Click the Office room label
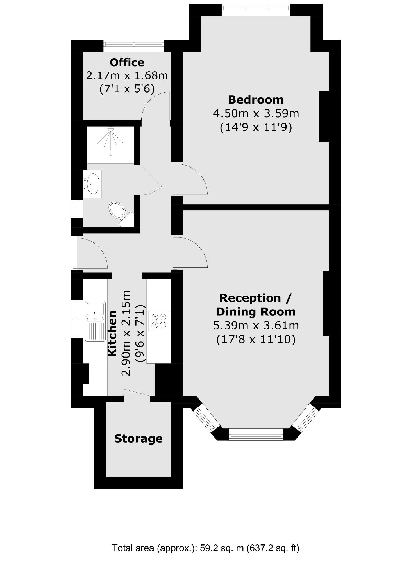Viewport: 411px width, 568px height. tap(127, 62)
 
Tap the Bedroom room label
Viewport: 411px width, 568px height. tap(256, 100)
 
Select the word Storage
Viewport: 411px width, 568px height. tap(138, 438)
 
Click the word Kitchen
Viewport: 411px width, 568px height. tap(112, 333)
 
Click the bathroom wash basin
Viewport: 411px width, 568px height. tap(92, 184)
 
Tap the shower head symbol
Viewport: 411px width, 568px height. tap(111, 129)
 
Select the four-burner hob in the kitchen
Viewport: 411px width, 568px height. tap(159, 321)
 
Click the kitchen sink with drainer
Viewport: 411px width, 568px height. tap(95, 321)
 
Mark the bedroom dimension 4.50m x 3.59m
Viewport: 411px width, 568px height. tap(256, 114)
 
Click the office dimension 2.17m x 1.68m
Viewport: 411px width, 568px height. tap(127, 75)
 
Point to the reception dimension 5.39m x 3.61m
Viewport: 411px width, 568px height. tap(256, 326)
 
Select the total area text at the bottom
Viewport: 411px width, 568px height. tap(206, 548)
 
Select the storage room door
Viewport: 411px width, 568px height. tap(137, 393)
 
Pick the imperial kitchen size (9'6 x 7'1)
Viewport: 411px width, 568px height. tap(140, 333)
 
